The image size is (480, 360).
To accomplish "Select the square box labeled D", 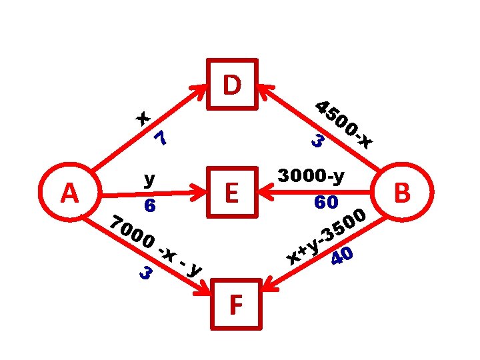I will point(232,84).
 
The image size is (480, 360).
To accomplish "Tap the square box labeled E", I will point(232,193).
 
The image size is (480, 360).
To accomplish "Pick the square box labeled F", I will point(235,305).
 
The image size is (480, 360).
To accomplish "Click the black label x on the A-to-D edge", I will point(143,118).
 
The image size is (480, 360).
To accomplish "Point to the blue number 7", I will point(160,139).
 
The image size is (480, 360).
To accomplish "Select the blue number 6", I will point(150,207).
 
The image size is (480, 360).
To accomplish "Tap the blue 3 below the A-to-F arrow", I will point(146,273).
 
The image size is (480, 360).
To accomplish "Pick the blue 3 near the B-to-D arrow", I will point(318,141).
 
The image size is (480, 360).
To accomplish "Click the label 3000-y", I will point(311,177).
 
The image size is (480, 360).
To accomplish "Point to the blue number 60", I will point(327,201).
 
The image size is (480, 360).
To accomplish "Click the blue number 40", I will point(343,255).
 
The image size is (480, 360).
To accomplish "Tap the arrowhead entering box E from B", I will point(265,194).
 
